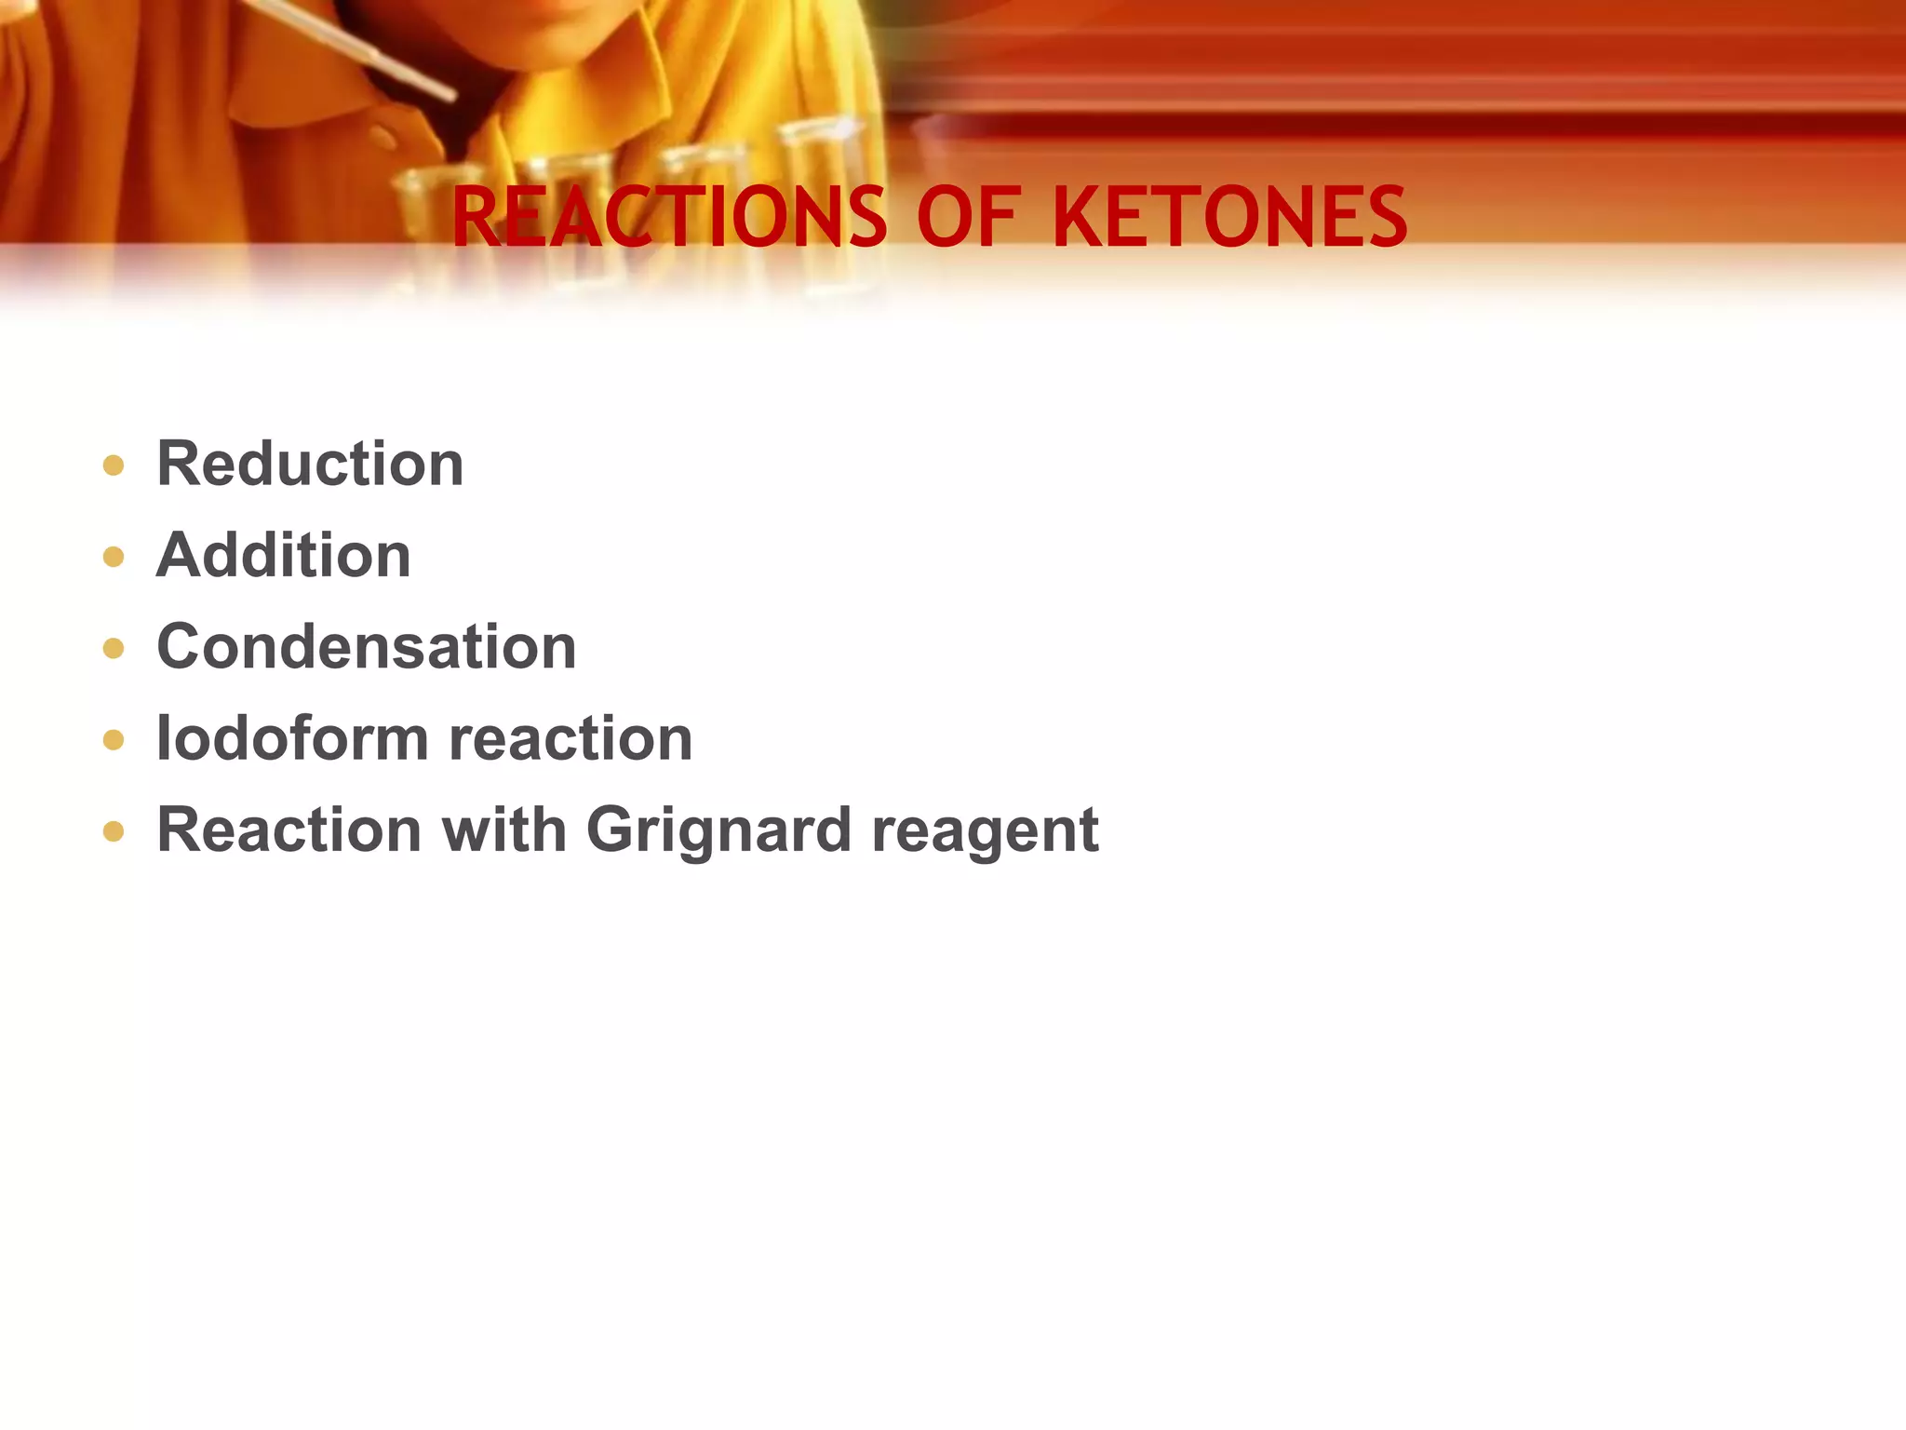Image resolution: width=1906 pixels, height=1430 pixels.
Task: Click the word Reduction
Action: (x=310, y=464)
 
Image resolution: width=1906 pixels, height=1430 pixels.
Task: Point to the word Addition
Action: (x=283, y=556)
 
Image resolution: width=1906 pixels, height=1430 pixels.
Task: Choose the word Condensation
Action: (x=367, y=647)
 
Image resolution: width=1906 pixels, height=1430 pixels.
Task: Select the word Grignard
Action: (x=718, y=830)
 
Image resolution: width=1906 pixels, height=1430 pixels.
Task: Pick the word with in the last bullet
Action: (x=503, y=829)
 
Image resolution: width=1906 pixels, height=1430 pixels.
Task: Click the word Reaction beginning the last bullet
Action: (x=289, y=829)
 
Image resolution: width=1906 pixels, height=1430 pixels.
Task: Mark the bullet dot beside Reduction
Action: (x=114, y=465)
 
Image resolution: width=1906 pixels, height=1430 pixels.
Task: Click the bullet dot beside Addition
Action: (x=114, y=557)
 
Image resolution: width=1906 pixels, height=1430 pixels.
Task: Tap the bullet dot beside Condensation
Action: (x=114, y=648)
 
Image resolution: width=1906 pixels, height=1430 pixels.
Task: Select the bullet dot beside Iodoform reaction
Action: (x=114, y=740)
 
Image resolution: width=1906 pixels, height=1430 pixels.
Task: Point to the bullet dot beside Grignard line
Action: (x=114, y=830)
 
